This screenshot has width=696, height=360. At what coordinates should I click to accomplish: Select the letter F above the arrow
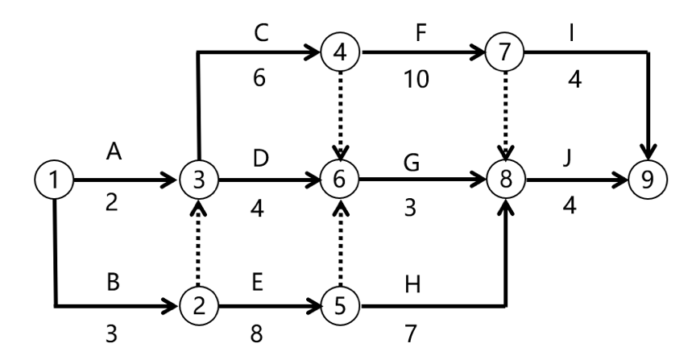419,34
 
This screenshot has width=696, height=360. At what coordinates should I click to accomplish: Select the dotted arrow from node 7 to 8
507,117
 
